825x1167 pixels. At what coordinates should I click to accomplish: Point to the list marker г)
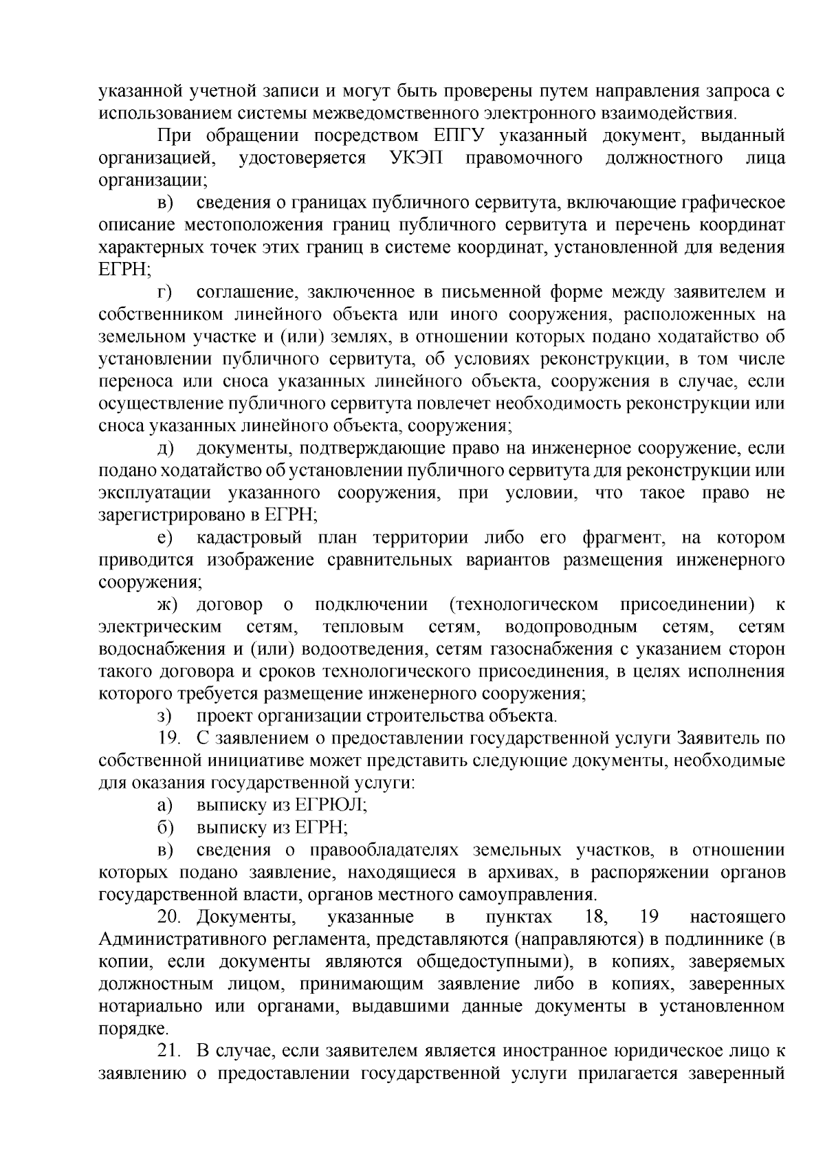coord(165,293)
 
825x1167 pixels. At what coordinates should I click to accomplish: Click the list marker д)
coord(165,449)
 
